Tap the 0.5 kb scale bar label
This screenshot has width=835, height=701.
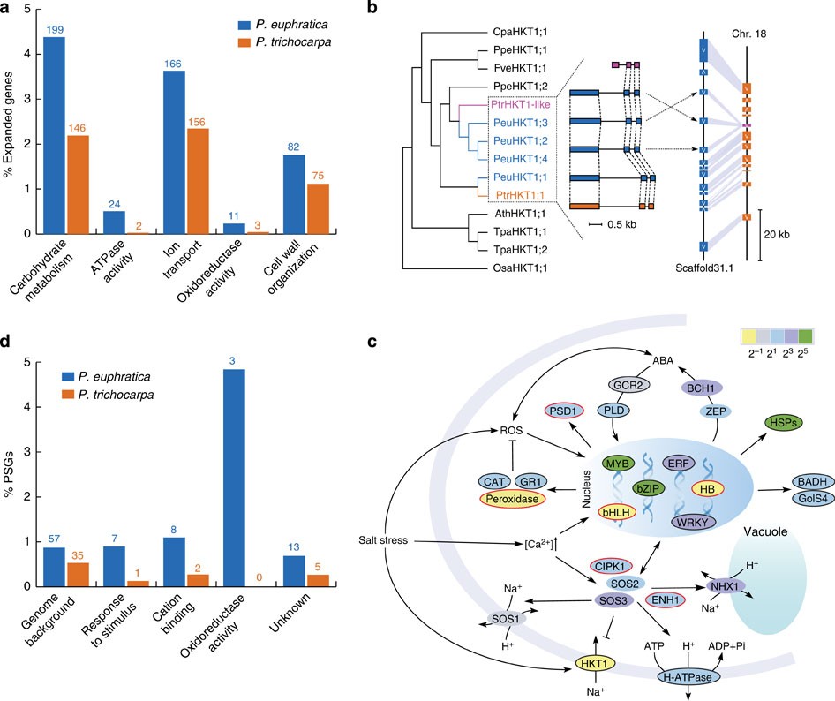pos(616,224)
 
